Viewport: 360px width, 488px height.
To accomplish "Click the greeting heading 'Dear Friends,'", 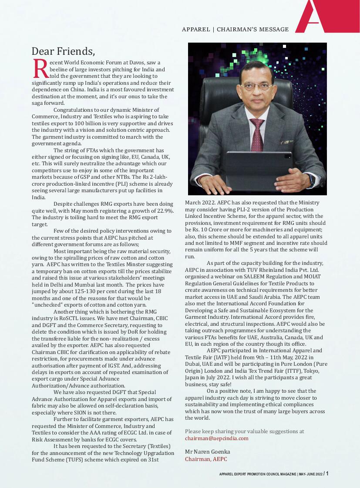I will click(63, 51).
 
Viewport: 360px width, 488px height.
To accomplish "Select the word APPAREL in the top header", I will click(195, 30).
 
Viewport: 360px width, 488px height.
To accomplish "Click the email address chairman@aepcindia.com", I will click(216, 438).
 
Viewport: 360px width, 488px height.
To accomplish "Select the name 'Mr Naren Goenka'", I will click(207, 452).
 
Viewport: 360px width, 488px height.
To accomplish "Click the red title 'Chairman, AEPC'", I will click(206, 459).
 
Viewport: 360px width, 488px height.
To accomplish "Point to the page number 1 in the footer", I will click(327, 474).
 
